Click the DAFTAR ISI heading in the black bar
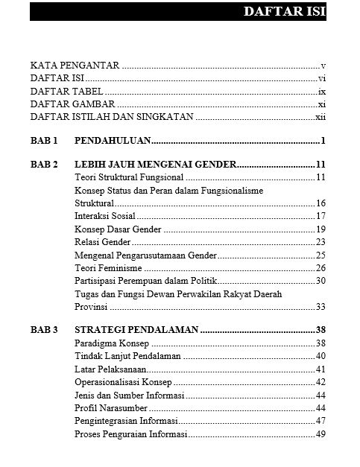click(285, 13)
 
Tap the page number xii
click(320, 117)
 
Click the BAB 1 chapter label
click(44, 140)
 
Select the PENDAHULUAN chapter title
click(113, 140)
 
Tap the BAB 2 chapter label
click(44, 165)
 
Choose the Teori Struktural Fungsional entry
click(129, 177)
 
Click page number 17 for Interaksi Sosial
click(321, 216)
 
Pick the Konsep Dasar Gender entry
click(119, 229)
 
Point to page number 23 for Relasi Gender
click(321, 241)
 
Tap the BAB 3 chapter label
click(44, 330)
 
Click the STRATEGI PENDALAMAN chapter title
click(136, 330)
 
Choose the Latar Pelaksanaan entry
click(111, 369)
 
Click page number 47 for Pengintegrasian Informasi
click(321, 421)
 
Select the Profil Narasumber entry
click(111, 408)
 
